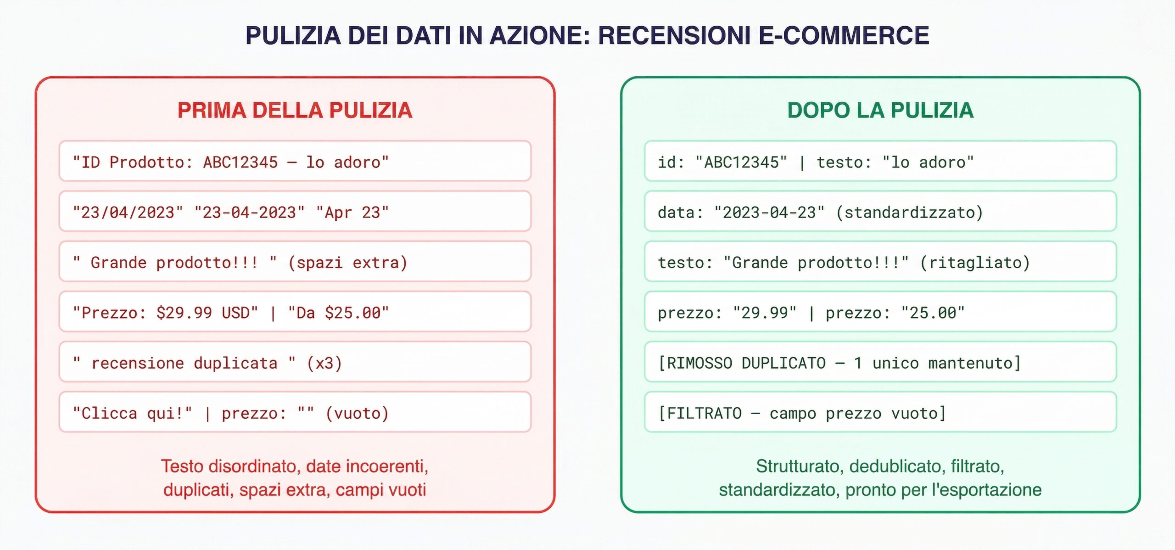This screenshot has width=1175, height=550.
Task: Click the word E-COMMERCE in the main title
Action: pos(844,36)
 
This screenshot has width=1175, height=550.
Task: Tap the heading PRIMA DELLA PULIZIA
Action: pos(295,110)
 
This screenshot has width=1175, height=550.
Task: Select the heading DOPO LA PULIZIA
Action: pos(880,110)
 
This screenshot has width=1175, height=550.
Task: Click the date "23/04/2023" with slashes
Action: pos(128,212)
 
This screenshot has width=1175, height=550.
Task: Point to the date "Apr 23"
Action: pos(352,212)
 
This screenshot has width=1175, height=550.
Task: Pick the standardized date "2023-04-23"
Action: pos(769,212)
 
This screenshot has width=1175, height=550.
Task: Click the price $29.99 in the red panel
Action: pos(184,313)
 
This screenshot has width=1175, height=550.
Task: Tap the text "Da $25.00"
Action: pos(338,313)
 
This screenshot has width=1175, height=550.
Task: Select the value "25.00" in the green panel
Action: pos(933,313)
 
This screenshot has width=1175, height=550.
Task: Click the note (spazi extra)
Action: pos(347,263)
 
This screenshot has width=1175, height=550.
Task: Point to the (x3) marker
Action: pos(324,363)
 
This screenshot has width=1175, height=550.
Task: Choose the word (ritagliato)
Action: pos(975,263)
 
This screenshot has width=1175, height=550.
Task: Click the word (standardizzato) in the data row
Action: pos(909,212)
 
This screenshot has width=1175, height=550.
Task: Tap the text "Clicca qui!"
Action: pos(132,413)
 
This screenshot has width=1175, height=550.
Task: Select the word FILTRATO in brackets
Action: pos(704,413)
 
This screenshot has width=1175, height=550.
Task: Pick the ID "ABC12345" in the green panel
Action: pos(741,162)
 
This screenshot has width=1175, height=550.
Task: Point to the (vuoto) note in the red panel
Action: pos(357,413)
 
